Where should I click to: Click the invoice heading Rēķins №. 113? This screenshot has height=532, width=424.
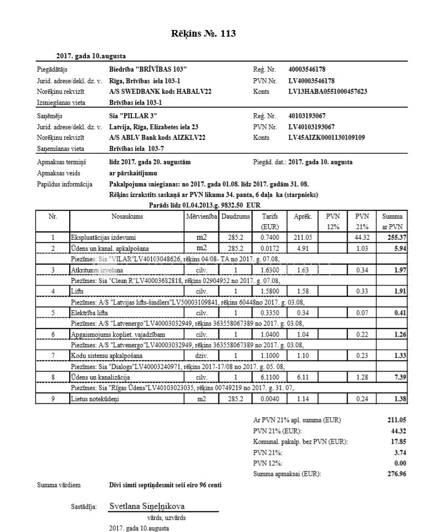pos(204,34)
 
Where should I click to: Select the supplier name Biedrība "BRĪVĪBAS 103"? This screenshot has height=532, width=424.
pos(148,69)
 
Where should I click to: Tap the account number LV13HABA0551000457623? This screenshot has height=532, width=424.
pos(328,92)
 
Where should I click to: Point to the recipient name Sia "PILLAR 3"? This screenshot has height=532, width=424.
pos(134,116)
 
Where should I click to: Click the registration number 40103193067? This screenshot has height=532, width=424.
pos(307,116)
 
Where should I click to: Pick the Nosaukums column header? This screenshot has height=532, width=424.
pos(127,216)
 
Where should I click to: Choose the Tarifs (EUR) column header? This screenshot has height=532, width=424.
pos(269,221)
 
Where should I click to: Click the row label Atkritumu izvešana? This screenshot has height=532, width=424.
pos(93,270)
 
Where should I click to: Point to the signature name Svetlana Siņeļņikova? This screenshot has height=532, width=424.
pos(147,506)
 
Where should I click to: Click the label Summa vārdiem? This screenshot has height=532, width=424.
pos(59,485)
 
